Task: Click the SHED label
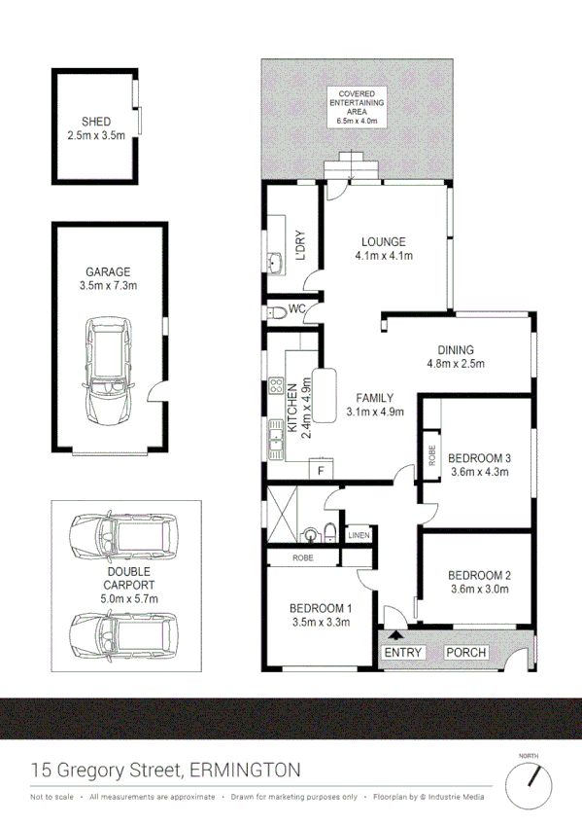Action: pos(95,122)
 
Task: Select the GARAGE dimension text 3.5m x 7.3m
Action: pos(108,286)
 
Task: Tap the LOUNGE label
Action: pos(383,242)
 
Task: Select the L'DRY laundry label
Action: pos(300,245)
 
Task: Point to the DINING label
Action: pos(455,350)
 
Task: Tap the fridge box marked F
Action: pos(319,471)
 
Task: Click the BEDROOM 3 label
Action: pos(480,458)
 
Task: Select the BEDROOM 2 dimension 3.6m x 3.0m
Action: pos(480,589)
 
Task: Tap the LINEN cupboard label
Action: pos(359,534)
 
